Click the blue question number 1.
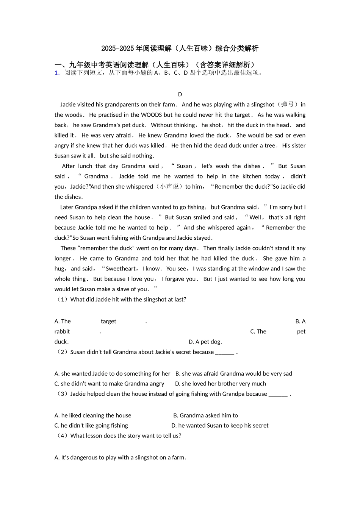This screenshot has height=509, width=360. pos(57,73)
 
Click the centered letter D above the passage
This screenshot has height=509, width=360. pos(180,94)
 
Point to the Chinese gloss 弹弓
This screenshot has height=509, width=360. pos(287,105)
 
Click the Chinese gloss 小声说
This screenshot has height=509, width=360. pos(169,186)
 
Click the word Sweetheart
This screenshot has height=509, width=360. pos(121,269)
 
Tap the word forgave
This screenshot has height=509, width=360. pos(185,279)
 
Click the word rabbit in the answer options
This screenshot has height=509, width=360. pos(62,331)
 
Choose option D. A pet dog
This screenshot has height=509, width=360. pos(205,342)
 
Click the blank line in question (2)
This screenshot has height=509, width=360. pos(225,352)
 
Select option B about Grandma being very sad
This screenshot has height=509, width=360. pos(234,373)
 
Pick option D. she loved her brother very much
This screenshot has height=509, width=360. pos(221,384)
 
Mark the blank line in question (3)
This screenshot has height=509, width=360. pos(278,394)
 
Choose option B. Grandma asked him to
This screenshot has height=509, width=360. pos(206,415)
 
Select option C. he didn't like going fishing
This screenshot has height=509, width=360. pos(91,425)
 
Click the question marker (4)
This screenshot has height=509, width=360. pos(62,436)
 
